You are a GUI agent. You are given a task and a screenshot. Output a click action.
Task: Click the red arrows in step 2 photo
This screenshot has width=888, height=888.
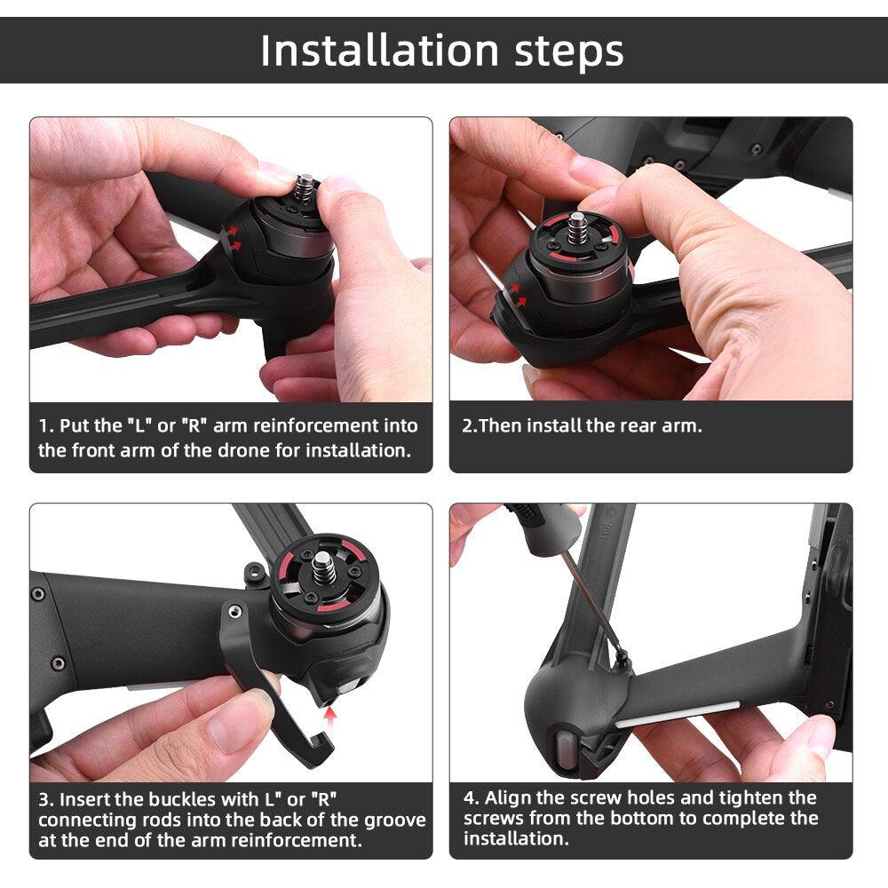[518, 293]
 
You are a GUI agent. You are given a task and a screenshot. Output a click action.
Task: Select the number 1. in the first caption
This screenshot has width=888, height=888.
[45, 426]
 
